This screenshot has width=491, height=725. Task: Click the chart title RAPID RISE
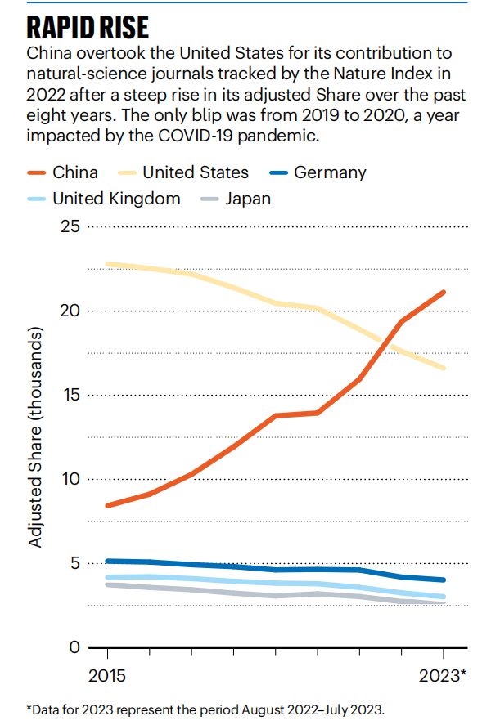88,28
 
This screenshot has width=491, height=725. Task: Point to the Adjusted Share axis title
35,438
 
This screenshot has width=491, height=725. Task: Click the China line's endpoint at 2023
444,292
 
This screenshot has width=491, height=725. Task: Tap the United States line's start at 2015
107,264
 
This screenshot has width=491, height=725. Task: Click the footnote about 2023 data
205,709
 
